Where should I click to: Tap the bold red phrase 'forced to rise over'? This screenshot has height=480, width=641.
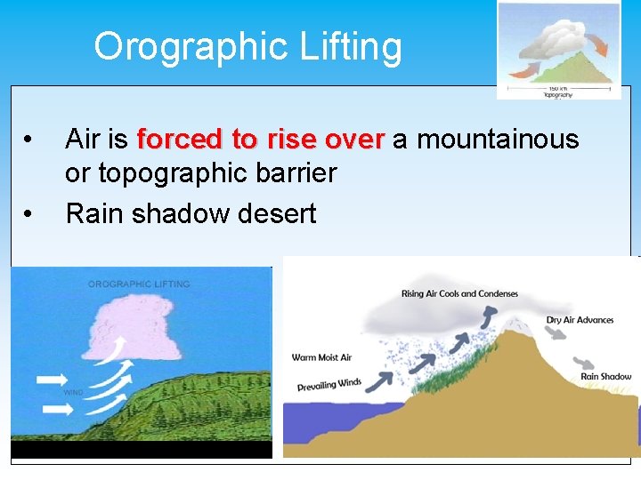pos(261,140)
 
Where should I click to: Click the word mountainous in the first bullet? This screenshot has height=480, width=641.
pos(498,140)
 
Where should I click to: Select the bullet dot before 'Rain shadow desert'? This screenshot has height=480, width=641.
pos(30,214)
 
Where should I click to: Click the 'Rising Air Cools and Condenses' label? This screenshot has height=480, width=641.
pos(459,294)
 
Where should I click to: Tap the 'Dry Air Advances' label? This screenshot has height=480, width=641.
pos(580,319)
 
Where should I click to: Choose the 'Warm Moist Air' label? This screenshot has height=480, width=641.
pos(321,357)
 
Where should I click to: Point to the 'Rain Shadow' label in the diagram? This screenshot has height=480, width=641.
pos(605,376)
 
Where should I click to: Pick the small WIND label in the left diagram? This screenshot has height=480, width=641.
pos(73,391)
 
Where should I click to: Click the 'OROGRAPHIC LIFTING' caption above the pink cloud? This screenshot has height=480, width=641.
pos(138,284)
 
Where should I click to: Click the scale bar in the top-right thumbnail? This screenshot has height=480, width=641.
pos(559,85)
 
